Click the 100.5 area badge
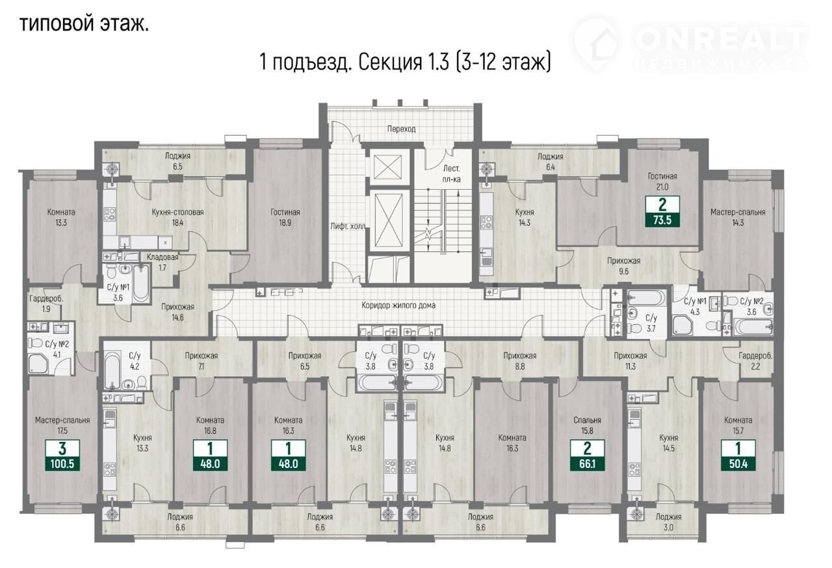[62, 455]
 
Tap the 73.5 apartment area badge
[662, 211]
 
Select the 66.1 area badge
[587, 455]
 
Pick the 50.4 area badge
[738, 455]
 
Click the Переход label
[401, 129]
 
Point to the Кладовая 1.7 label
[162, 262]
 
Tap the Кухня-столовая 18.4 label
[177, 217]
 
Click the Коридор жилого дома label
[398, 305]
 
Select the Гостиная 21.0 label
[662, 181]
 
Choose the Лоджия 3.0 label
[668, 522]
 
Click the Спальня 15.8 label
[587, 426]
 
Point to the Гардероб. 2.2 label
[755, 361]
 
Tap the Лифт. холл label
[348, 226]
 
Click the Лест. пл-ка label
[452, 174]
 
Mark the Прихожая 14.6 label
[177, 312]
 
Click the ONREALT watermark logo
[691, 43]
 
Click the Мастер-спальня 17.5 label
[62, 426]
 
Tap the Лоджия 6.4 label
[550, 161]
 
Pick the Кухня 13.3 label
[142, 443]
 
